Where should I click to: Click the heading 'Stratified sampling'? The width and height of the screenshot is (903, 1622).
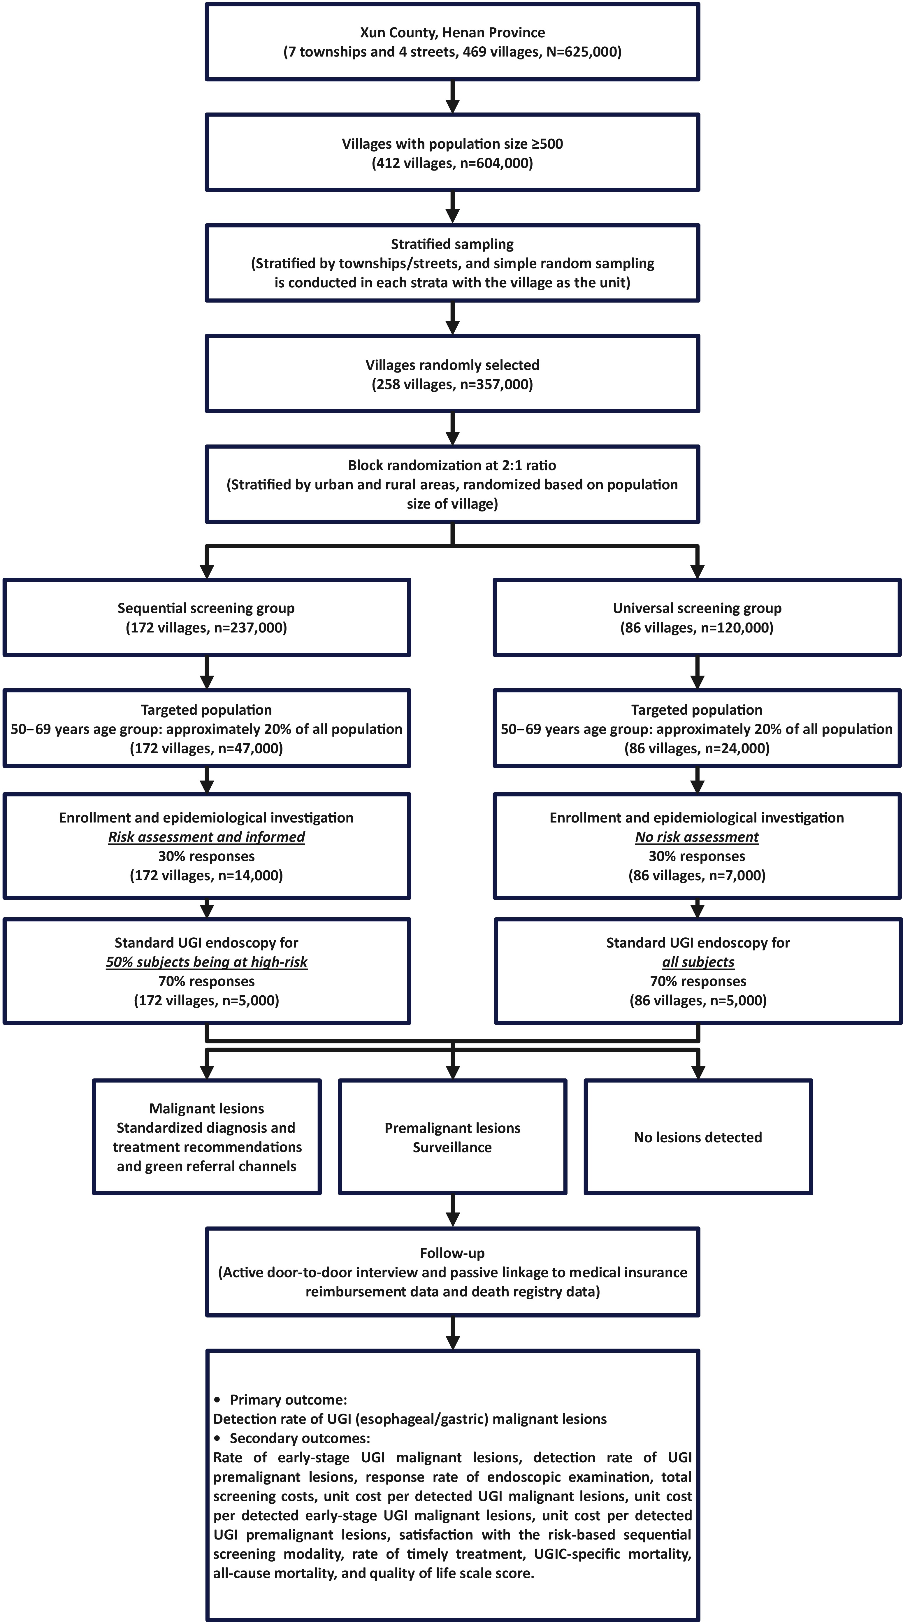click(452, 244)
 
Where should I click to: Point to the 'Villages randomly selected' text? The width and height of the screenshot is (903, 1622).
click(452, 365)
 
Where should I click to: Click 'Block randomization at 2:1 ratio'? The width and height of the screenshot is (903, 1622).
click(452, 465)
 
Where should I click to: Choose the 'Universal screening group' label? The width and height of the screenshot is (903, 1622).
click(697, 608)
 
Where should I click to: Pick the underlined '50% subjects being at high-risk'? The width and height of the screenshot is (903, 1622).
click(207, 962)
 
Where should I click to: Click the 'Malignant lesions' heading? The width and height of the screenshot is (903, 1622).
click(207, 1108)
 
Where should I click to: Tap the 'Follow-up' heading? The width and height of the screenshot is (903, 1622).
click(452, 1253)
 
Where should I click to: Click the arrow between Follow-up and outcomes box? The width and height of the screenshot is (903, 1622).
click(452, 1333)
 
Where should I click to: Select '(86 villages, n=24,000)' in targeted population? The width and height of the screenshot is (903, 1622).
click(697, 749)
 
